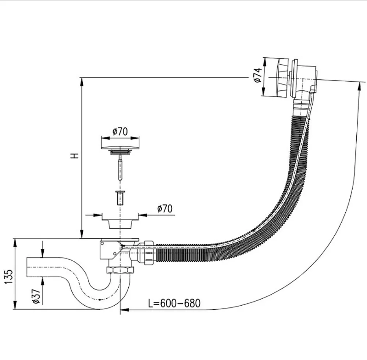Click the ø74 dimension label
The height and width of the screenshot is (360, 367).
pyautogui.click(x=257, y=75)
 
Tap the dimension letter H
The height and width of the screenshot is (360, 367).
pyautogui.click(x=75, y=156)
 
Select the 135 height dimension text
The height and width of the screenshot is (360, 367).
pyautogui.click(x=9, y=277)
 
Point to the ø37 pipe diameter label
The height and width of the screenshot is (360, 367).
pyautogui.click(x=36, y=296)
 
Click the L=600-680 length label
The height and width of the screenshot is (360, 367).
pyautogui.click(x=174, y=303)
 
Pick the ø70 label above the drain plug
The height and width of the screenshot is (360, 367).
pyautogui.click(x=120, y=132)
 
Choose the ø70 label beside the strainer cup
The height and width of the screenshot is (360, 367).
pyautogui.click(x=165, y=208)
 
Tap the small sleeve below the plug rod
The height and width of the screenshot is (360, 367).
pyautogui.click(x=120, y=198)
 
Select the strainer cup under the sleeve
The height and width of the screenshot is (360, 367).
pyautogui.click(x=120, y=221)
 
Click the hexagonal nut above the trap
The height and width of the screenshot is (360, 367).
pyautogui.click(x=120, y=270)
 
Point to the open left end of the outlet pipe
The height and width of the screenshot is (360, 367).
pyautogui.click(x=27, y=267)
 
